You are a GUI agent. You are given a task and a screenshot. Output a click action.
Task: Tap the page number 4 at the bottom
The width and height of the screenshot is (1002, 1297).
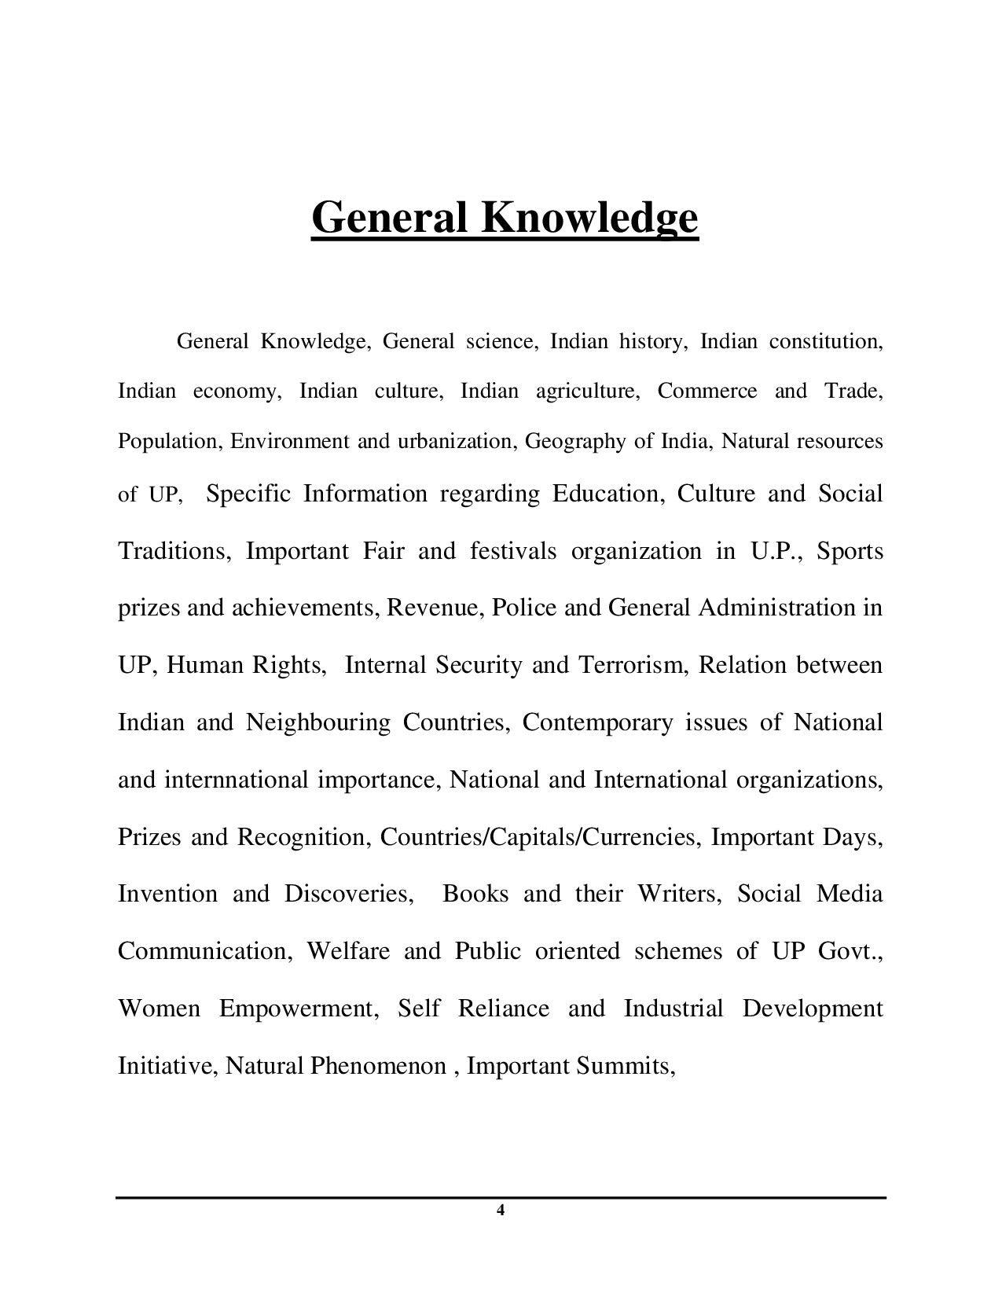click(501, 1211)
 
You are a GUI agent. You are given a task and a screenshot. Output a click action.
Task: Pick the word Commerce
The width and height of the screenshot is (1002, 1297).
click(707, 391)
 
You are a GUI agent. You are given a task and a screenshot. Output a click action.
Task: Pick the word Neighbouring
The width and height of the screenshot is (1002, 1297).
click(317, 722)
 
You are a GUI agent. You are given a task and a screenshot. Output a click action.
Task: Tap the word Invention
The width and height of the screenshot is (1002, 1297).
click(167, 894)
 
